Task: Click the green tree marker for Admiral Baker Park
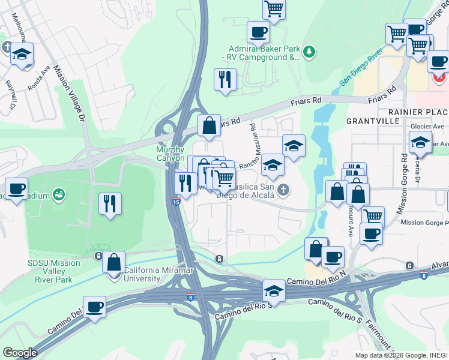coord(309,52)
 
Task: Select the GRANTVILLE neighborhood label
coord(373,121)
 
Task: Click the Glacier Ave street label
coord(427,127)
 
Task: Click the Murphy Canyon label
coord(170,154)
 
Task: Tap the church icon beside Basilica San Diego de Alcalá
coord(285,191)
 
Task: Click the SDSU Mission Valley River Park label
coord(54,271)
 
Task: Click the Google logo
coord(20,352)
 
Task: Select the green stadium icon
coord(59,194)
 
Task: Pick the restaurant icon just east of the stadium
coord(110,203)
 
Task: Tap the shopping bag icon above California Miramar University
coord(113,262)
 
